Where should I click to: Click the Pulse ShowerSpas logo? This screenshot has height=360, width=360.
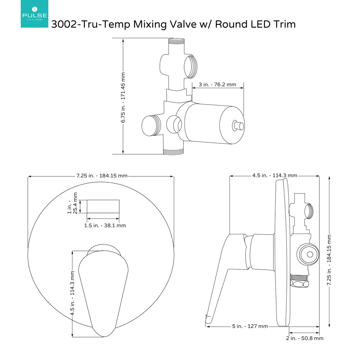click(x=34, y=14)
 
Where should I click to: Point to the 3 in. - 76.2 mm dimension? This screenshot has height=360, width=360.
click(x=217, y=85)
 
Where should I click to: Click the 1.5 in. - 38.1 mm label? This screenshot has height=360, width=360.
click(x=105, y=226)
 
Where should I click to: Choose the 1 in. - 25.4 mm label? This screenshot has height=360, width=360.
click(x=72, y=203)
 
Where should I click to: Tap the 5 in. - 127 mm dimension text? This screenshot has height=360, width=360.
click(x=250, y=326)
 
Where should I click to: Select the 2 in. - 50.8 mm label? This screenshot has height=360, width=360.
click(x=305, y=338)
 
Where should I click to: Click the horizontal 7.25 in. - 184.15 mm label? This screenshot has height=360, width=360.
click(x=102, y=176)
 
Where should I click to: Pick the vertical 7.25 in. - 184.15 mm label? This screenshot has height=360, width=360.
click(x=329, y=260)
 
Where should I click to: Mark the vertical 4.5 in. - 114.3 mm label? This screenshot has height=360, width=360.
click(x=72, y=293)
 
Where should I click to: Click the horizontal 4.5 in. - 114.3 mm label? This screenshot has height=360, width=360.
click(x=275, y=176)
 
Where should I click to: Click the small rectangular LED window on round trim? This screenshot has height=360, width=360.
click(x=103, y=206)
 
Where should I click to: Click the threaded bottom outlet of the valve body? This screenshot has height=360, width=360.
click(x=174, y=151)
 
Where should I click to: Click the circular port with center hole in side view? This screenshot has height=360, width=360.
click(x=310, y=254)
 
